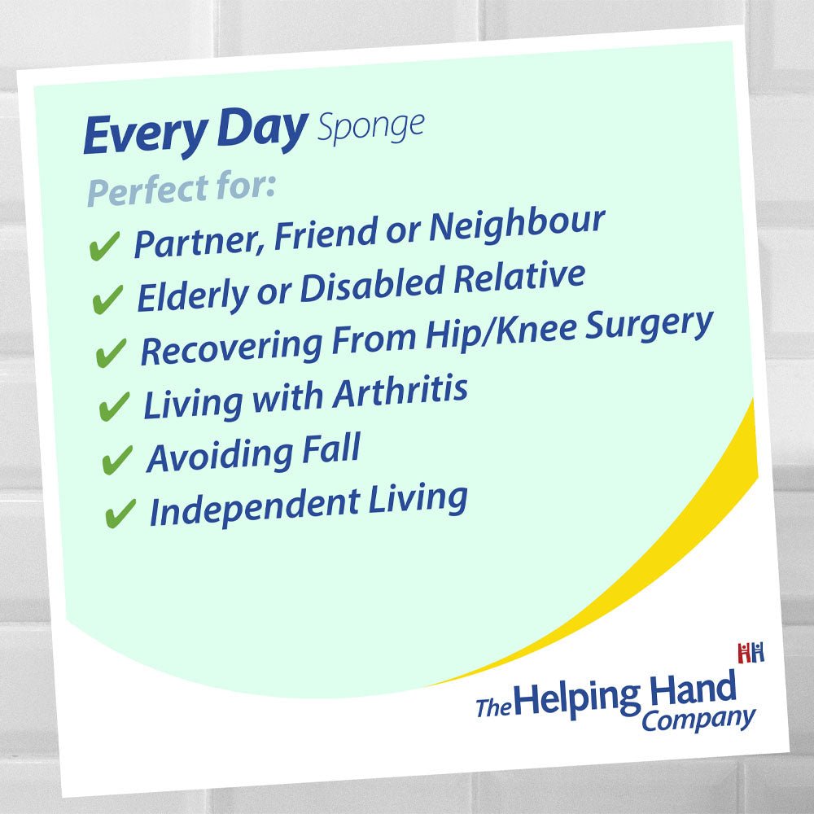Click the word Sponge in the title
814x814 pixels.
pyautogui.click(x=370, y=127)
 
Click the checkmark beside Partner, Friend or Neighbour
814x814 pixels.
pyautogui.click(x=104, y=246)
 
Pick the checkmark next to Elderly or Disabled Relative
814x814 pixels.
pyautogui.click(x=107, y=300)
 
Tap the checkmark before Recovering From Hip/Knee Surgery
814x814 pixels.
pyautogui.click(x=111, y=353)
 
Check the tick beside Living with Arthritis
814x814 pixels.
pyautogui.click(x=114, y=406)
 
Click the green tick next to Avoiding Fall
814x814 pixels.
pyautogui.click(x=117, y=460)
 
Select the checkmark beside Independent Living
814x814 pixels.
pyautogui.click(x=120, y=514)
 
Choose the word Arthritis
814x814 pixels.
pyautogui.click(x=400, y=392)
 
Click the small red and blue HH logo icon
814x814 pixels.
pyautogui.click(x=751, y=653)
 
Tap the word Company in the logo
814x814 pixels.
pyautogui.click(x=698, y=720)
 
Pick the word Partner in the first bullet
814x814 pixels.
pyautogui.click(x=199, y=242)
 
